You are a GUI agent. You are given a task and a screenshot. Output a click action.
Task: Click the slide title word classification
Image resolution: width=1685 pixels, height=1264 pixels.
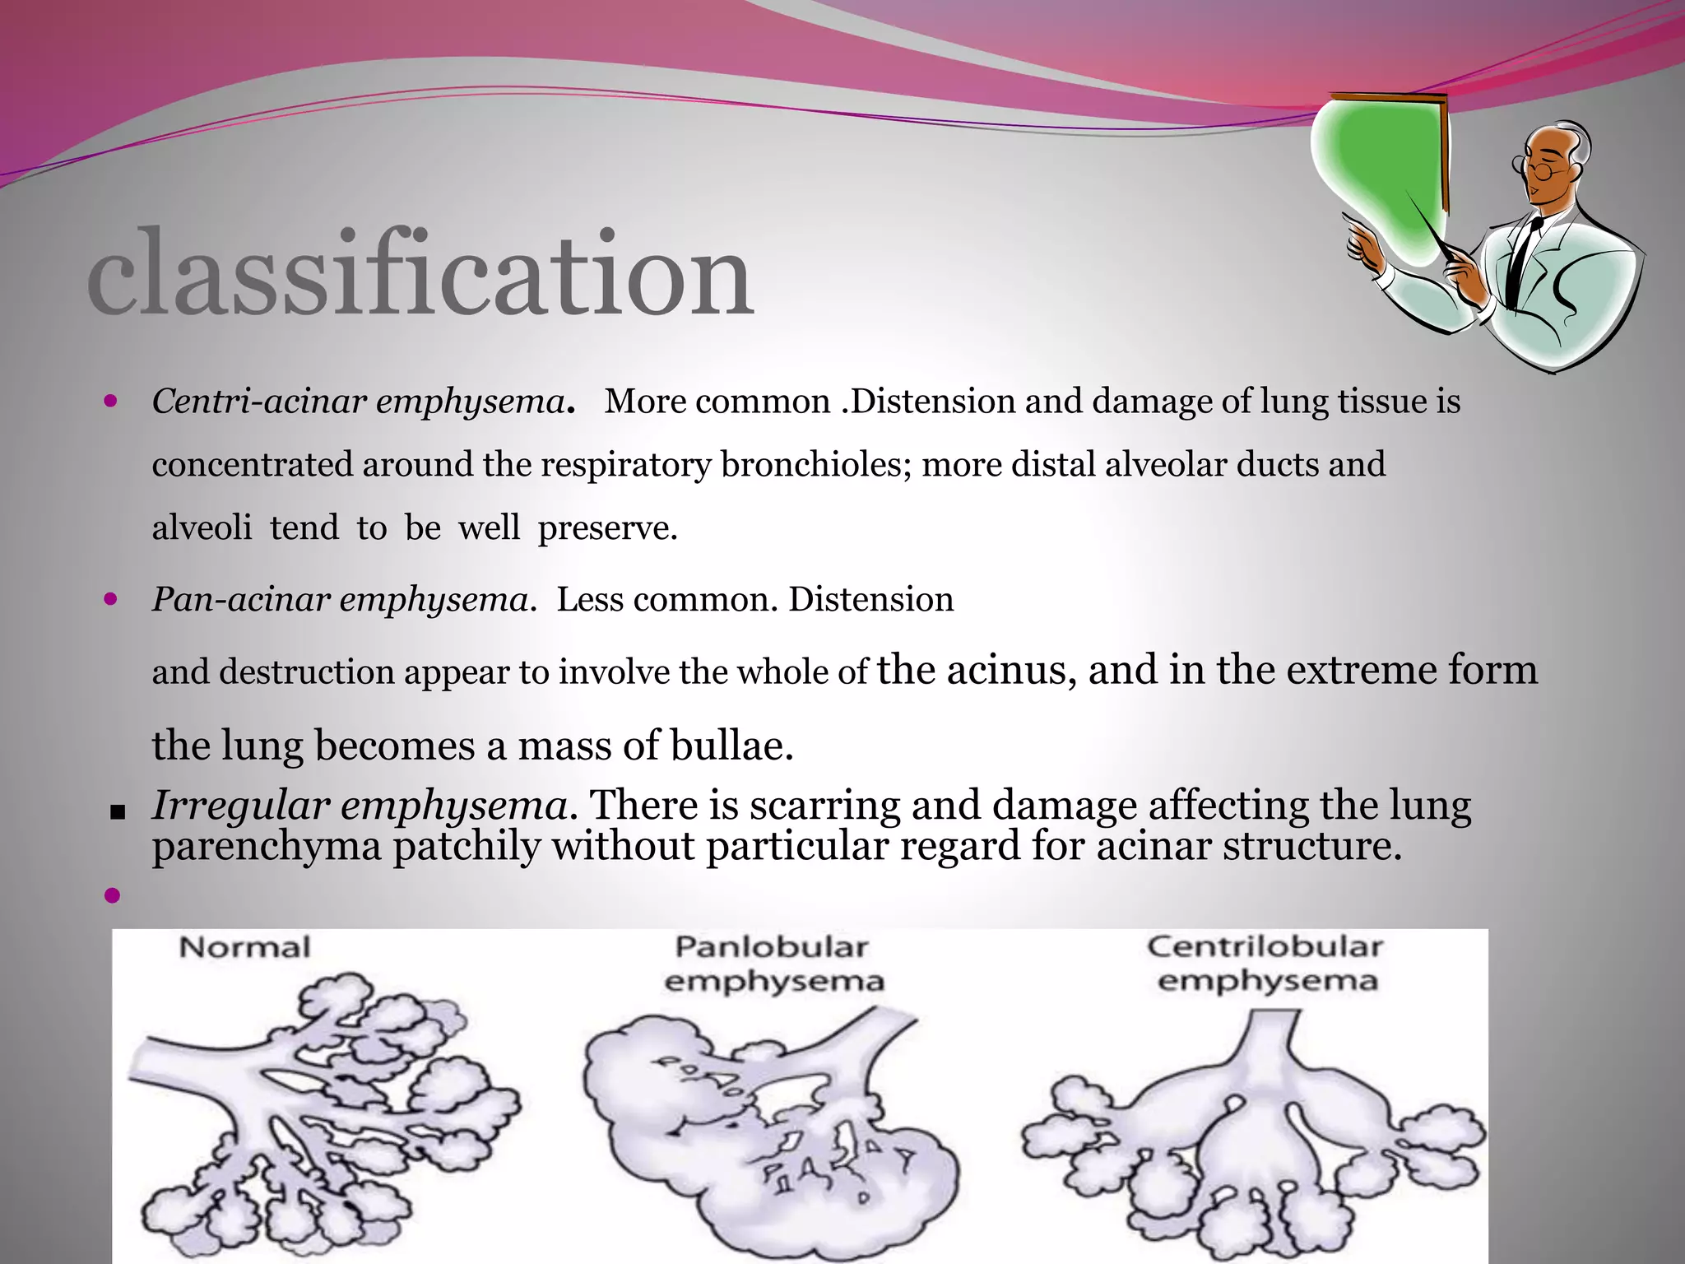click(420, 273)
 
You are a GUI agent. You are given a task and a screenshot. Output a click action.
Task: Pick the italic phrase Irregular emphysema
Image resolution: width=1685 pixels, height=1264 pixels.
click(359, 805)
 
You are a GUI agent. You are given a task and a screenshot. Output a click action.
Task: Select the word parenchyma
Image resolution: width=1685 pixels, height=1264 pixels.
click(267, 848)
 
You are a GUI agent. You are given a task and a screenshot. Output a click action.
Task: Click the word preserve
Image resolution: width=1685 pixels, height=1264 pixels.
click(607, 527)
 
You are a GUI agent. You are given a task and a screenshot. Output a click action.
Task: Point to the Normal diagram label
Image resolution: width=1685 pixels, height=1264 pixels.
click(244, 947)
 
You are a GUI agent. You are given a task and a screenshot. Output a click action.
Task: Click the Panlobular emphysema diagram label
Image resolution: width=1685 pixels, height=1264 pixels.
click(773, 964)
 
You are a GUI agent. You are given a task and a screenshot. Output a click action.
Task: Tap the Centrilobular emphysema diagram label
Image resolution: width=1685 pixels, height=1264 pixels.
click(1266, 963)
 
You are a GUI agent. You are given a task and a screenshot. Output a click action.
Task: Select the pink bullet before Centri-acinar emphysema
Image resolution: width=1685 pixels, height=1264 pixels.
click(112, 402)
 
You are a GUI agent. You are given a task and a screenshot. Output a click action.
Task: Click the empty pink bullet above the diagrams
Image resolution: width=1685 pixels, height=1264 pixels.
click(112, 895)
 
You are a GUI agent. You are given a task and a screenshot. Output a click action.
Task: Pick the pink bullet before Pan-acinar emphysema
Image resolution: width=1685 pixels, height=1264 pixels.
click(112, 600)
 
